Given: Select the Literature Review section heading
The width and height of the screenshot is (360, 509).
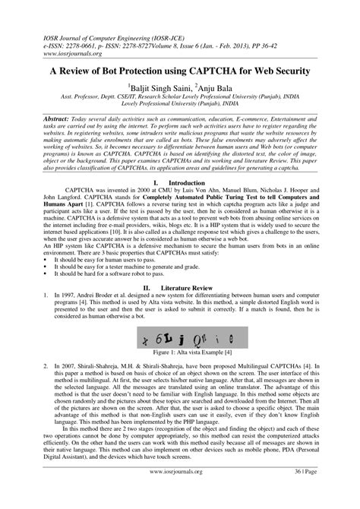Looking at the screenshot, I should coord(180,289).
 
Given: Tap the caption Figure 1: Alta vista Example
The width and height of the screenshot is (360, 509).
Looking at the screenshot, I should coord(180,353).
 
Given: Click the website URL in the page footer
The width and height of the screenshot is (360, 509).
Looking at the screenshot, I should coord(180,492).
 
